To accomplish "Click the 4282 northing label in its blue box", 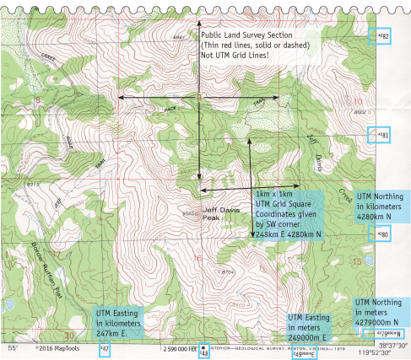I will [383, 36].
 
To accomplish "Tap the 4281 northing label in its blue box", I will [382, 135].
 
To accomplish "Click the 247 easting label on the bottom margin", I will [105, 348].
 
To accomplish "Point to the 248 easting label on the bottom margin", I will [203, 352].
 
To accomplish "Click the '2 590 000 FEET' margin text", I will [186, 347].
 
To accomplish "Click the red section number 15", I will [355, 261].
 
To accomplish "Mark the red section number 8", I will [37, 101].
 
